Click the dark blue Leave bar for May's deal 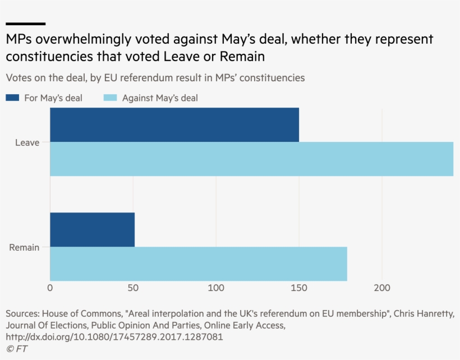pyautogui.click(x=174, y=125)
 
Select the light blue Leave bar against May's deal pyautogui.click(x=251, y=159)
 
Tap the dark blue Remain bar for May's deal pyautogui.click(x=93, y=229)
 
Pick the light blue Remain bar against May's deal pyautogui.click(x=199, y=264)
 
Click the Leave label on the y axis pyautogui.click(x=27, y=142)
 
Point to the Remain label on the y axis pyautogui.click(x=24, y=247)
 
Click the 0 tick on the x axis pyautogui.click(x=50, y=288)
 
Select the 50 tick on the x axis pyautogui.click(x=133, y=288)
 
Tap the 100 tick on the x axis pyautogui.click(x=216, y=288)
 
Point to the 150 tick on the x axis pyautogui.click(x=299, y=288)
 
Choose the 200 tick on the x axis pyautogui.click(x=382, y=288)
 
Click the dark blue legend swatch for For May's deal pyautogui.click(x=12, y=98)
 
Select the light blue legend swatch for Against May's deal pyautogui.click(x=110, y=98)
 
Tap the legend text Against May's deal pyautogui.click(x=160, y=98)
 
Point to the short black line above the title pyautogui.click(x=25, y=24)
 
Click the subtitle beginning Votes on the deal pyautogui.click(x=155, y=77)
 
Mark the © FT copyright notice pyautogui.click(x=16, y=349)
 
